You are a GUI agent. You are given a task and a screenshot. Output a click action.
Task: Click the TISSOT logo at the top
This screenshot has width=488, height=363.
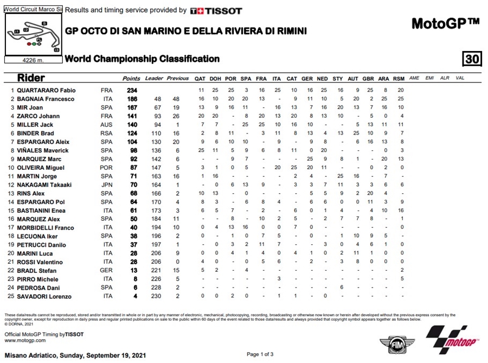pos(217,10)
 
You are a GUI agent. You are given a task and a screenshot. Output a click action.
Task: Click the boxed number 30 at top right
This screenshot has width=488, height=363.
pos(472,59)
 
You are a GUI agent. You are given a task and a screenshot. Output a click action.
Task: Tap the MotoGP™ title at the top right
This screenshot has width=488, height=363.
pos(445,24)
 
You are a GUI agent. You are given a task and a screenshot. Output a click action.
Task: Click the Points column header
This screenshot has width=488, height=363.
pos(131,78)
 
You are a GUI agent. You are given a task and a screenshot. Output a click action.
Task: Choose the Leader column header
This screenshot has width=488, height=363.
pos(154,78)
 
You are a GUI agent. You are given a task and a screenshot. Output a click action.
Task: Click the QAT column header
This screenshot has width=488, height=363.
pos(201,78)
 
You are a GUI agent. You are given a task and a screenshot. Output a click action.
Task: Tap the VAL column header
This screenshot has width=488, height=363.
pos(460,78)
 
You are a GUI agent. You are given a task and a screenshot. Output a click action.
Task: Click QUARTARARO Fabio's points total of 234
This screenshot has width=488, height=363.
pos(131,90)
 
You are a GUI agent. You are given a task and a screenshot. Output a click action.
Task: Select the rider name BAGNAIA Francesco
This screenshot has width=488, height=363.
pos(47,99)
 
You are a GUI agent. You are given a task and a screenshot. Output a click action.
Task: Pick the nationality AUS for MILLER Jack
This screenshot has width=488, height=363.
pos(107,125)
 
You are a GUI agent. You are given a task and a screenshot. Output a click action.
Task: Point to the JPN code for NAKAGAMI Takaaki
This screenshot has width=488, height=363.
pos(107,185)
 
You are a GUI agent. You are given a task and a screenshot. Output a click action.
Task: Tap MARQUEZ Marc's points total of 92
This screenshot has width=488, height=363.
pos(131,159)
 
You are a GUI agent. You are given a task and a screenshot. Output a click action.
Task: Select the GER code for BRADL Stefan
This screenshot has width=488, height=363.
pos(107,271)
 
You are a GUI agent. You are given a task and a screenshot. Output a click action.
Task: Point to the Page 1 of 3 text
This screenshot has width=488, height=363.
pos(260,354)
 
